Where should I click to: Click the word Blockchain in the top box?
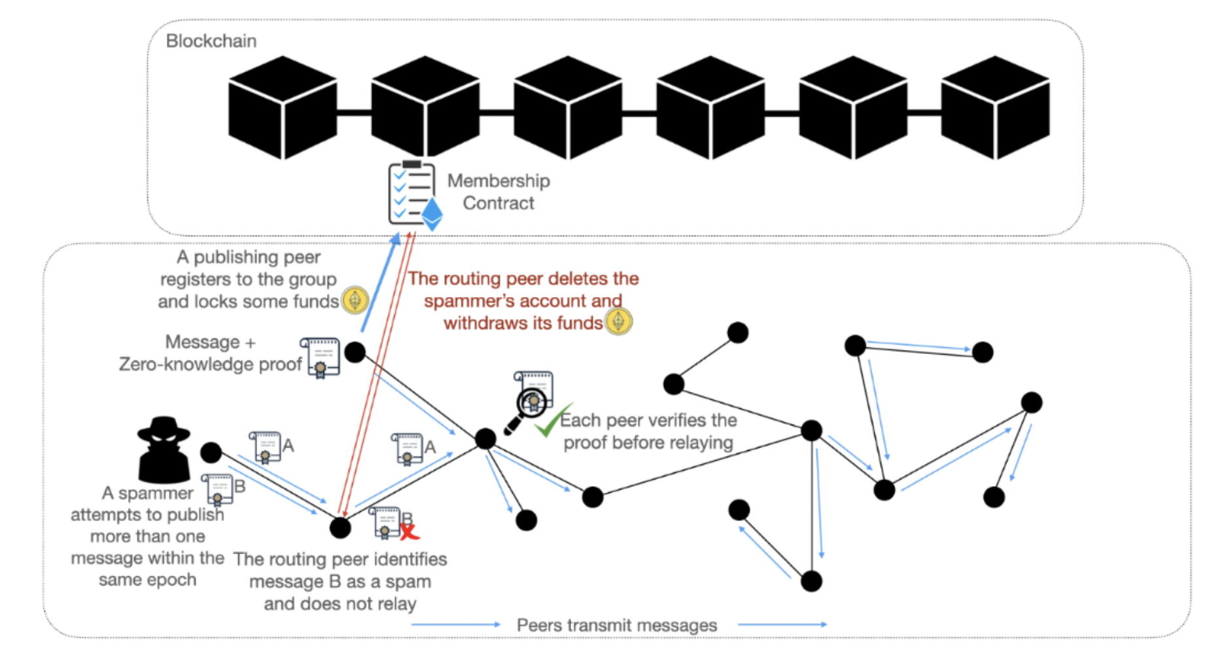(x=211, y=41)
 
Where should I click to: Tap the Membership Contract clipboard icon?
(x=412, y=193)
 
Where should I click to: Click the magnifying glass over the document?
(x=527, y=406)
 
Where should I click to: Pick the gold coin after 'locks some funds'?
(x=355, y=301)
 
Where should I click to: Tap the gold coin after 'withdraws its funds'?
(x=618, y=322)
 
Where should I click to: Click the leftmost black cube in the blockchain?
(x=283, y=107)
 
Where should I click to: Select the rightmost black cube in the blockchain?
(x=995, y=107)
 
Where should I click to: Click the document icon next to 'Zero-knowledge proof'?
(x=320, y=357)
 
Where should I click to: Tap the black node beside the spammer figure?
(x=211, y=452)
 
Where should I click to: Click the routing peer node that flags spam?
(x=340, y=527)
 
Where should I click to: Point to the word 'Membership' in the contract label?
(x=499, y=181)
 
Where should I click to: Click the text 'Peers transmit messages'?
(x=616, y=625)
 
